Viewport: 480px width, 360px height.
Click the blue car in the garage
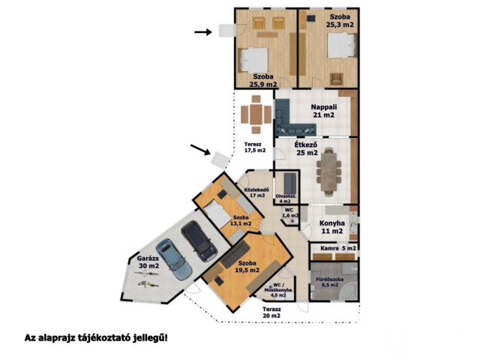click(173, 259)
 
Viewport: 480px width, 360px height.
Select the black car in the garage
click(199, 241)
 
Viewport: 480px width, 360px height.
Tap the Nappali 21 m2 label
click(324, 111)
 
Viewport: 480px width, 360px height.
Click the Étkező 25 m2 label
click(306, 148)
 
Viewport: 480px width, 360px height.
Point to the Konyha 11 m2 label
click(332, 227)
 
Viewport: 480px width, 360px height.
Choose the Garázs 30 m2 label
click(148, 262)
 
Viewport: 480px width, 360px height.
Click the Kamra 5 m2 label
click(338, 248)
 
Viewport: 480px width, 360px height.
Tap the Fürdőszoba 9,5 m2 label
click(330, 282)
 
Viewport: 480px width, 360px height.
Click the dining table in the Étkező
click(328, 172)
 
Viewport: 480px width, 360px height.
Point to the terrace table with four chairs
click(256, 115)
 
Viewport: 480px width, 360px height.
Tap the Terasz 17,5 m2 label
click(255, 147)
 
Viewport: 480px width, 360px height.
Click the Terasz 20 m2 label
click(271, 313)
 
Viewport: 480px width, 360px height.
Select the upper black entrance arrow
click(203, 31)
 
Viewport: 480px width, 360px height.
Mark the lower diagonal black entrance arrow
click(200, 149)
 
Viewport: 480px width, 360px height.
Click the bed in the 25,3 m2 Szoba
click(342, 45)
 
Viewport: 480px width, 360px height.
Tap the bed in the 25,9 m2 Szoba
click(253, 60)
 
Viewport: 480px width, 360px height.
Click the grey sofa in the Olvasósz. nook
click(290, 184)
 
